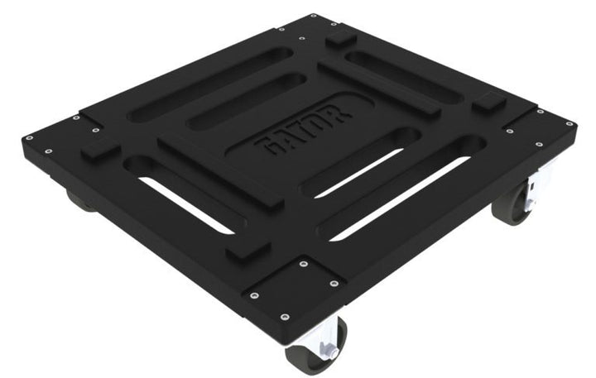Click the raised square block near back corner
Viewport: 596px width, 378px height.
coord(339,38)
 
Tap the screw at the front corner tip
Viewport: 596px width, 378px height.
coord(283,316)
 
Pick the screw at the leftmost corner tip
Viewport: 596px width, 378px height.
coord(29,138)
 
